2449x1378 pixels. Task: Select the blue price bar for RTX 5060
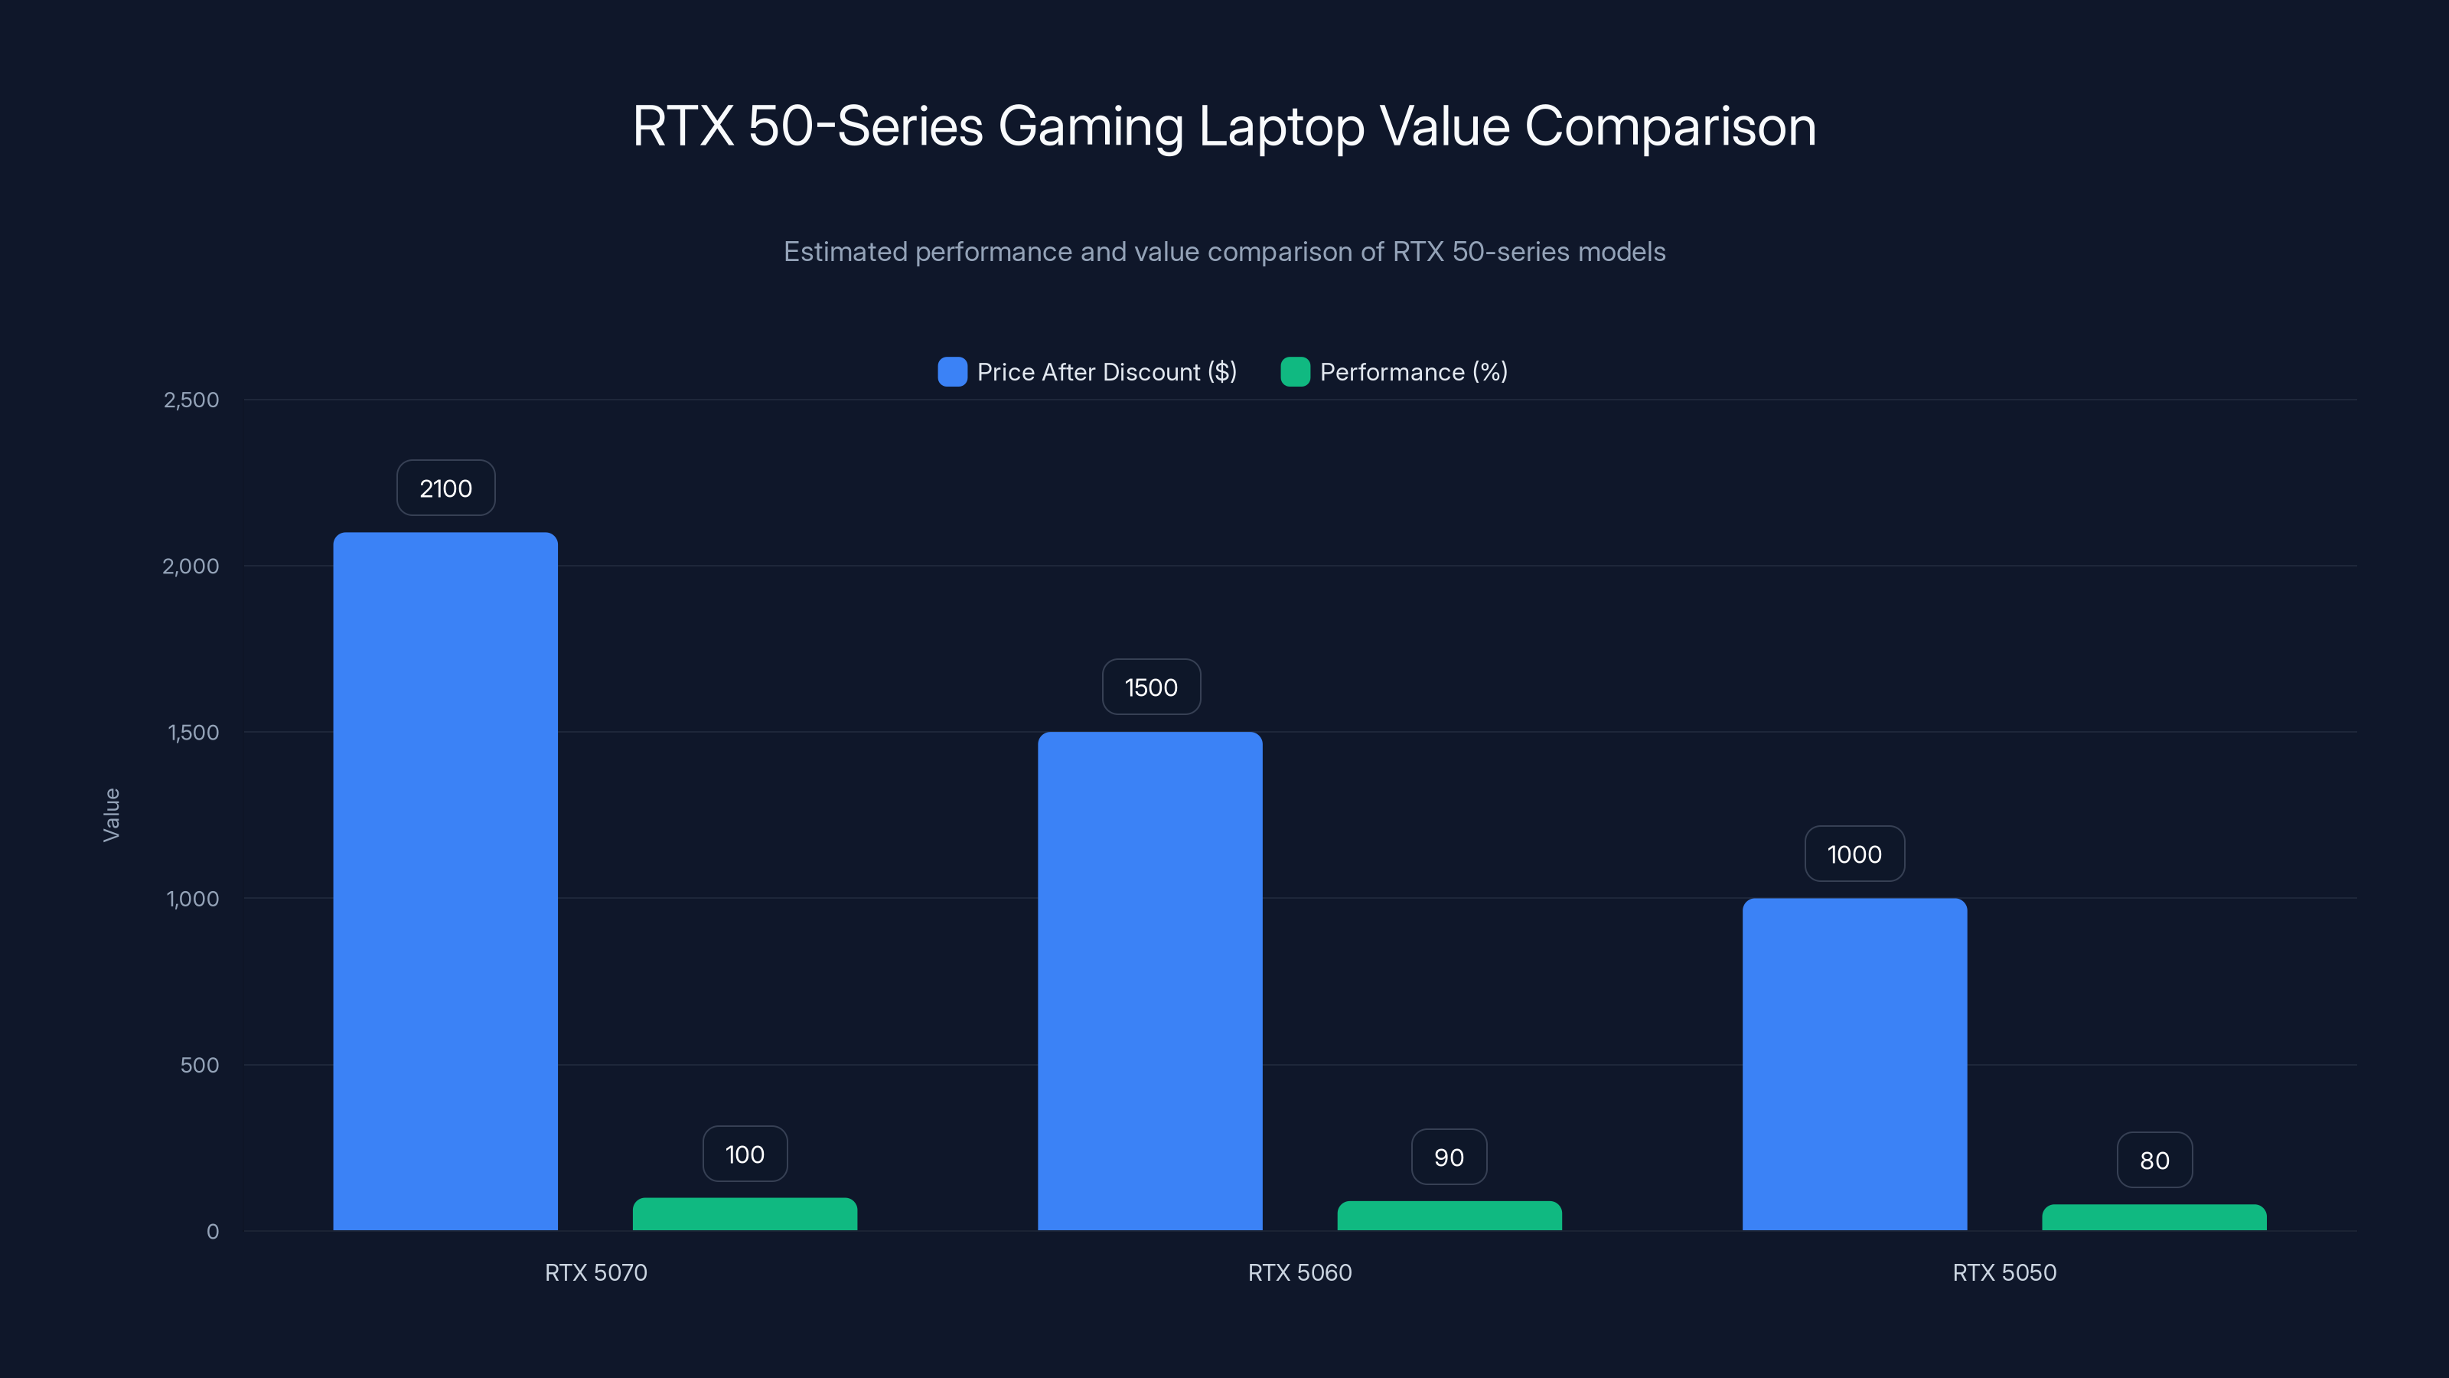point(1149,981)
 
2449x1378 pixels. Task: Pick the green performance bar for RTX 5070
point(745,1214)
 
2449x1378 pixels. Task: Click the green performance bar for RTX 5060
point(1449,1216)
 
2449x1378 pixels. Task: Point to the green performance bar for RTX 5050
point(2154,1218)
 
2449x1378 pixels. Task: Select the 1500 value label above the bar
point(1150,687)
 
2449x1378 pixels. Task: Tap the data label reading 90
point(1449,1157)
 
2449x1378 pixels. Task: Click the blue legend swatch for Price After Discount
point(951,372)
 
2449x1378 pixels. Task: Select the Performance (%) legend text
point(1413,372)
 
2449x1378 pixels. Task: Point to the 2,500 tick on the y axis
point(191,400)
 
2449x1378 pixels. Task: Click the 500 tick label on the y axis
point(200,1064)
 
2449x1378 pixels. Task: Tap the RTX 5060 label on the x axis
point(1299,1272)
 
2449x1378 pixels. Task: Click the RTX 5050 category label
point(2003,1272)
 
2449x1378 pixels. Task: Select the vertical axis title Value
point(111,814)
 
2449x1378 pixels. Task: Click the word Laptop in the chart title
point(1282,126)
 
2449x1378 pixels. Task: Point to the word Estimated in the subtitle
point(844,251)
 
